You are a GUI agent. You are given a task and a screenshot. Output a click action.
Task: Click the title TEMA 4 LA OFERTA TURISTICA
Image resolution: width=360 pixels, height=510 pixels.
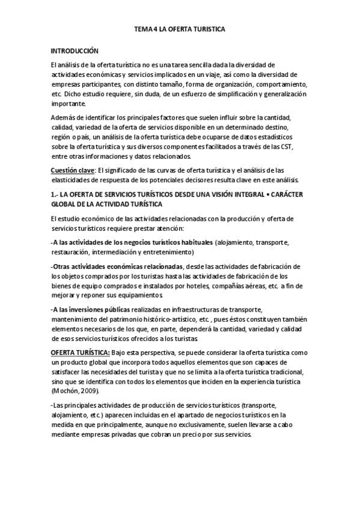[180, 28]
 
